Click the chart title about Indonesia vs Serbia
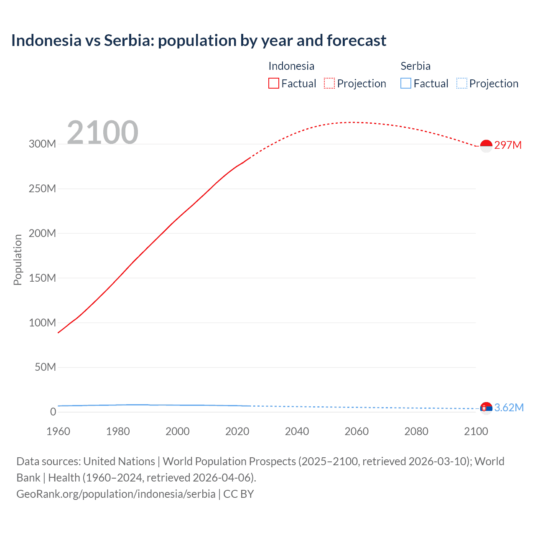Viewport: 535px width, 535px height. [199, 41]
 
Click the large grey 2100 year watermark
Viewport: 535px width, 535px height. [102, 132]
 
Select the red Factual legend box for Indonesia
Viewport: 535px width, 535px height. [273, 84]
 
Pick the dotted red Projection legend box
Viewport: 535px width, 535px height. [329, 84]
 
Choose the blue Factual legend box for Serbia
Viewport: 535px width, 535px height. [405, 84]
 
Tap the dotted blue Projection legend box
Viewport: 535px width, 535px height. [461, 84]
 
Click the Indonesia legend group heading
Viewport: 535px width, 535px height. [291, 66]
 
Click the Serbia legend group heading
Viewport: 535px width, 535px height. [415, 66]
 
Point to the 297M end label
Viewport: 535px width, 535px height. [508, 145]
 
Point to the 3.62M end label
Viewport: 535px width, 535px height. [509, 408]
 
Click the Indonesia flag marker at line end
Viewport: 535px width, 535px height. [486, 146]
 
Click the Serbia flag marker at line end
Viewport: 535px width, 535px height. [486, 408]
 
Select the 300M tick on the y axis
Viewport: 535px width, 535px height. [42, 144]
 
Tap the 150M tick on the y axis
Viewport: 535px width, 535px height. [42, 278]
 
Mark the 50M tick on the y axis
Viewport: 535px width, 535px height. [45, 367]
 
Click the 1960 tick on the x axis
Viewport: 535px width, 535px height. [58, 431]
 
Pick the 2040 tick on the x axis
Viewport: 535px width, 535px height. [297, 431]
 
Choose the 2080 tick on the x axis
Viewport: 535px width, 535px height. [416, 431]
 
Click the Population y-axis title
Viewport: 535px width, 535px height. [18, 260]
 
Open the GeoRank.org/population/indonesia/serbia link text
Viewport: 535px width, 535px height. [116, 494]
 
